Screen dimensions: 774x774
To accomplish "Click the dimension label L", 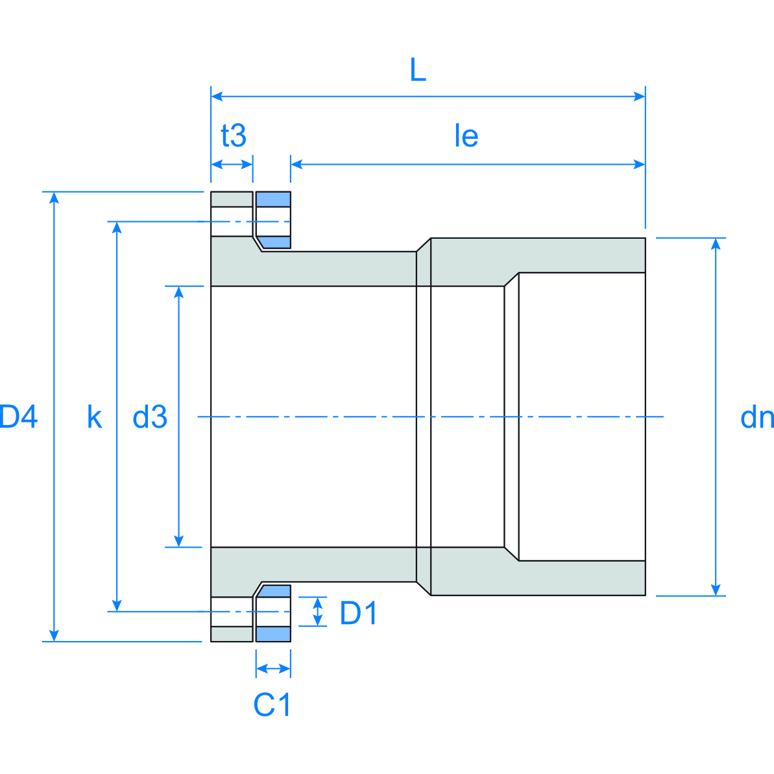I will (418, 70).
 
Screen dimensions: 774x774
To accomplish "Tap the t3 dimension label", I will (234, 136).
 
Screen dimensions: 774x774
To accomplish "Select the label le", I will (466, 136).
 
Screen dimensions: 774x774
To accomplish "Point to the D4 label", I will (19, 417).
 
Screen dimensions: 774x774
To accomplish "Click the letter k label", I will (95, 417).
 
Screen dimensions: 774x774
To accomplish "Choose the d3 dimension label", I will (150, 417).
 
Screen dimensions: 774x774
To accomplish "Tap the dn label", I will (756, 417).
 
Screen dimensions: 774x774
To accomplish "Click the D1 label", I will (358, 613).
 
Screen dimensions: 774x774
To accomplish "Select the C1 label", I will (272, 705).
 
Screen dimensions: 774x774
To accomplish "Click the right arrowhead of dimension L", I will (640, 97).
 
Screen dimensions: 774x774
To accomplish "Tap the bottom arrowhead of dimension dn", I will (716, 590).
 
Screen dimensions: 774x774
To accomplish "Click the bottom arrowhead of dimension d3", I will (179, 541).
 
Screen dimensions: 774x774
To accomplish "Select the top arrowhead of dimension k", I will (117, 227).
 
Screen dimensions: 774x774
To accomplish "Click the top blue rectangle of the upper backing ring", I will (273, 199).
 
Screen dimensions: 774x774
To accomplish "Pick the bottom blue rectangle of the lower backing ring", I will (273, 634).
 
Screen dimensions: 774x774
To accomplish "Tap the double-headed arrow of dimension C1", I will (273, 668).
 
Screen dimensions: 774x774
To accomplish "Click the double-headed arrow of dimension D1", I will (318, 611).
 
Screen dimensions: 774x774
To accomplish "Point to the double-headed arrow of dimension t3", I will (232, 164).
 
